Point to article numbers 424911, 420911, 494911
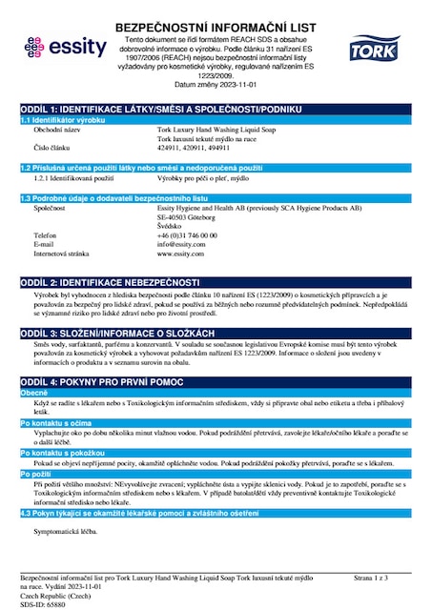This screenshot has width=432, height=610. click(196, 149)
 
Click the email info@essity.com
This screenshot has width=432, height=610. click(181, 243)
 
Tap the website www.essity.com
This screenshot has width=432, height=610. click(180, 254)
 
